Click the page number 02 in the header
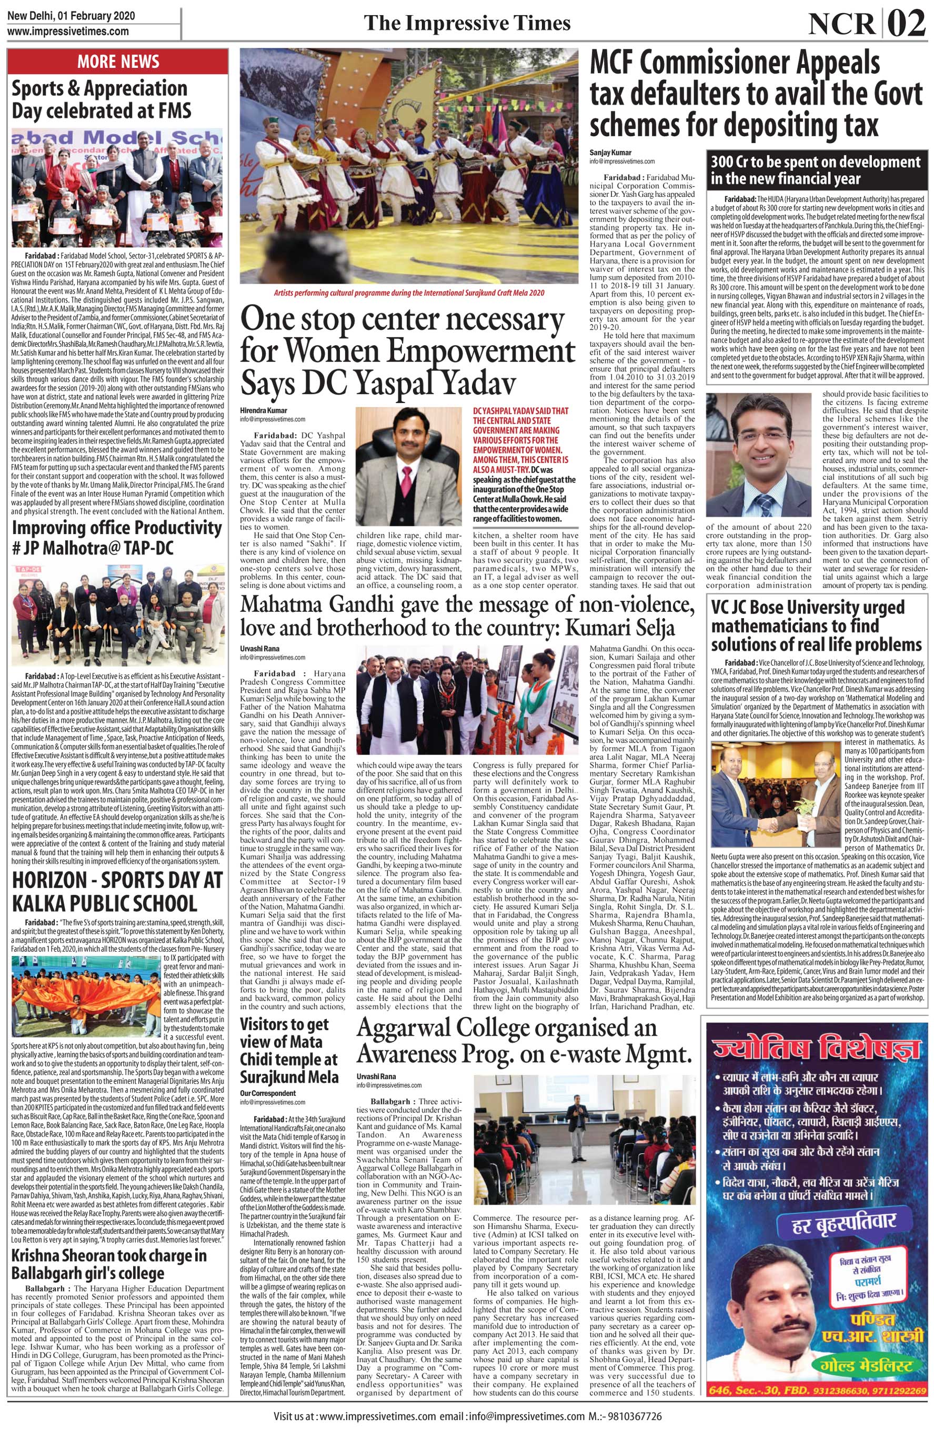(x=906, y=25)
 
